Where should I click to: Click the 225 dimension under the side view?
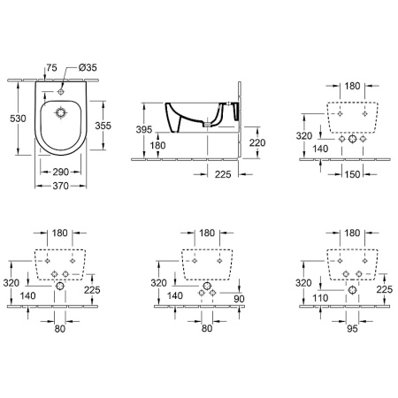pos(223,174)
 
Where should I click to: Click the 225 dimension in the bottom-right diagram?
pos(384,287)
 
